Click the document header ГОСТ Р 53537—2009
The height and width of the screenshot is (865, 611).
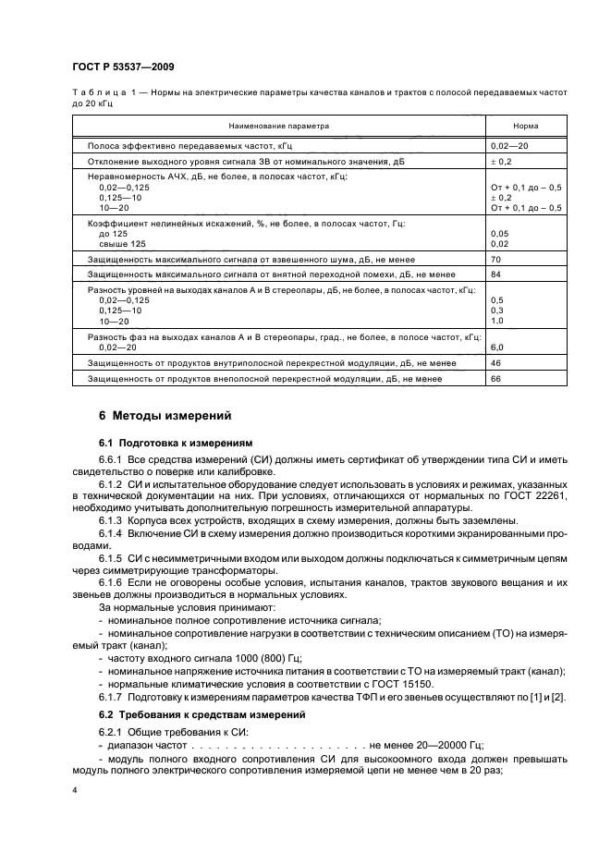122,67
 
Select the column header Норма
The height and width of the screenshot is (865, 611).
525,126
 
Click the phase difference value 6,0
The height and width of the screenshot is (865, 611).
497,347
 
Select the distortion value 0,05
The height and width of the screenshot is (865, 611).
499,234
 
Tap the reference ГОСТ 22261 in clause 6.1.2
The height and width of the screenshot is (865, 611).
531,495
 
